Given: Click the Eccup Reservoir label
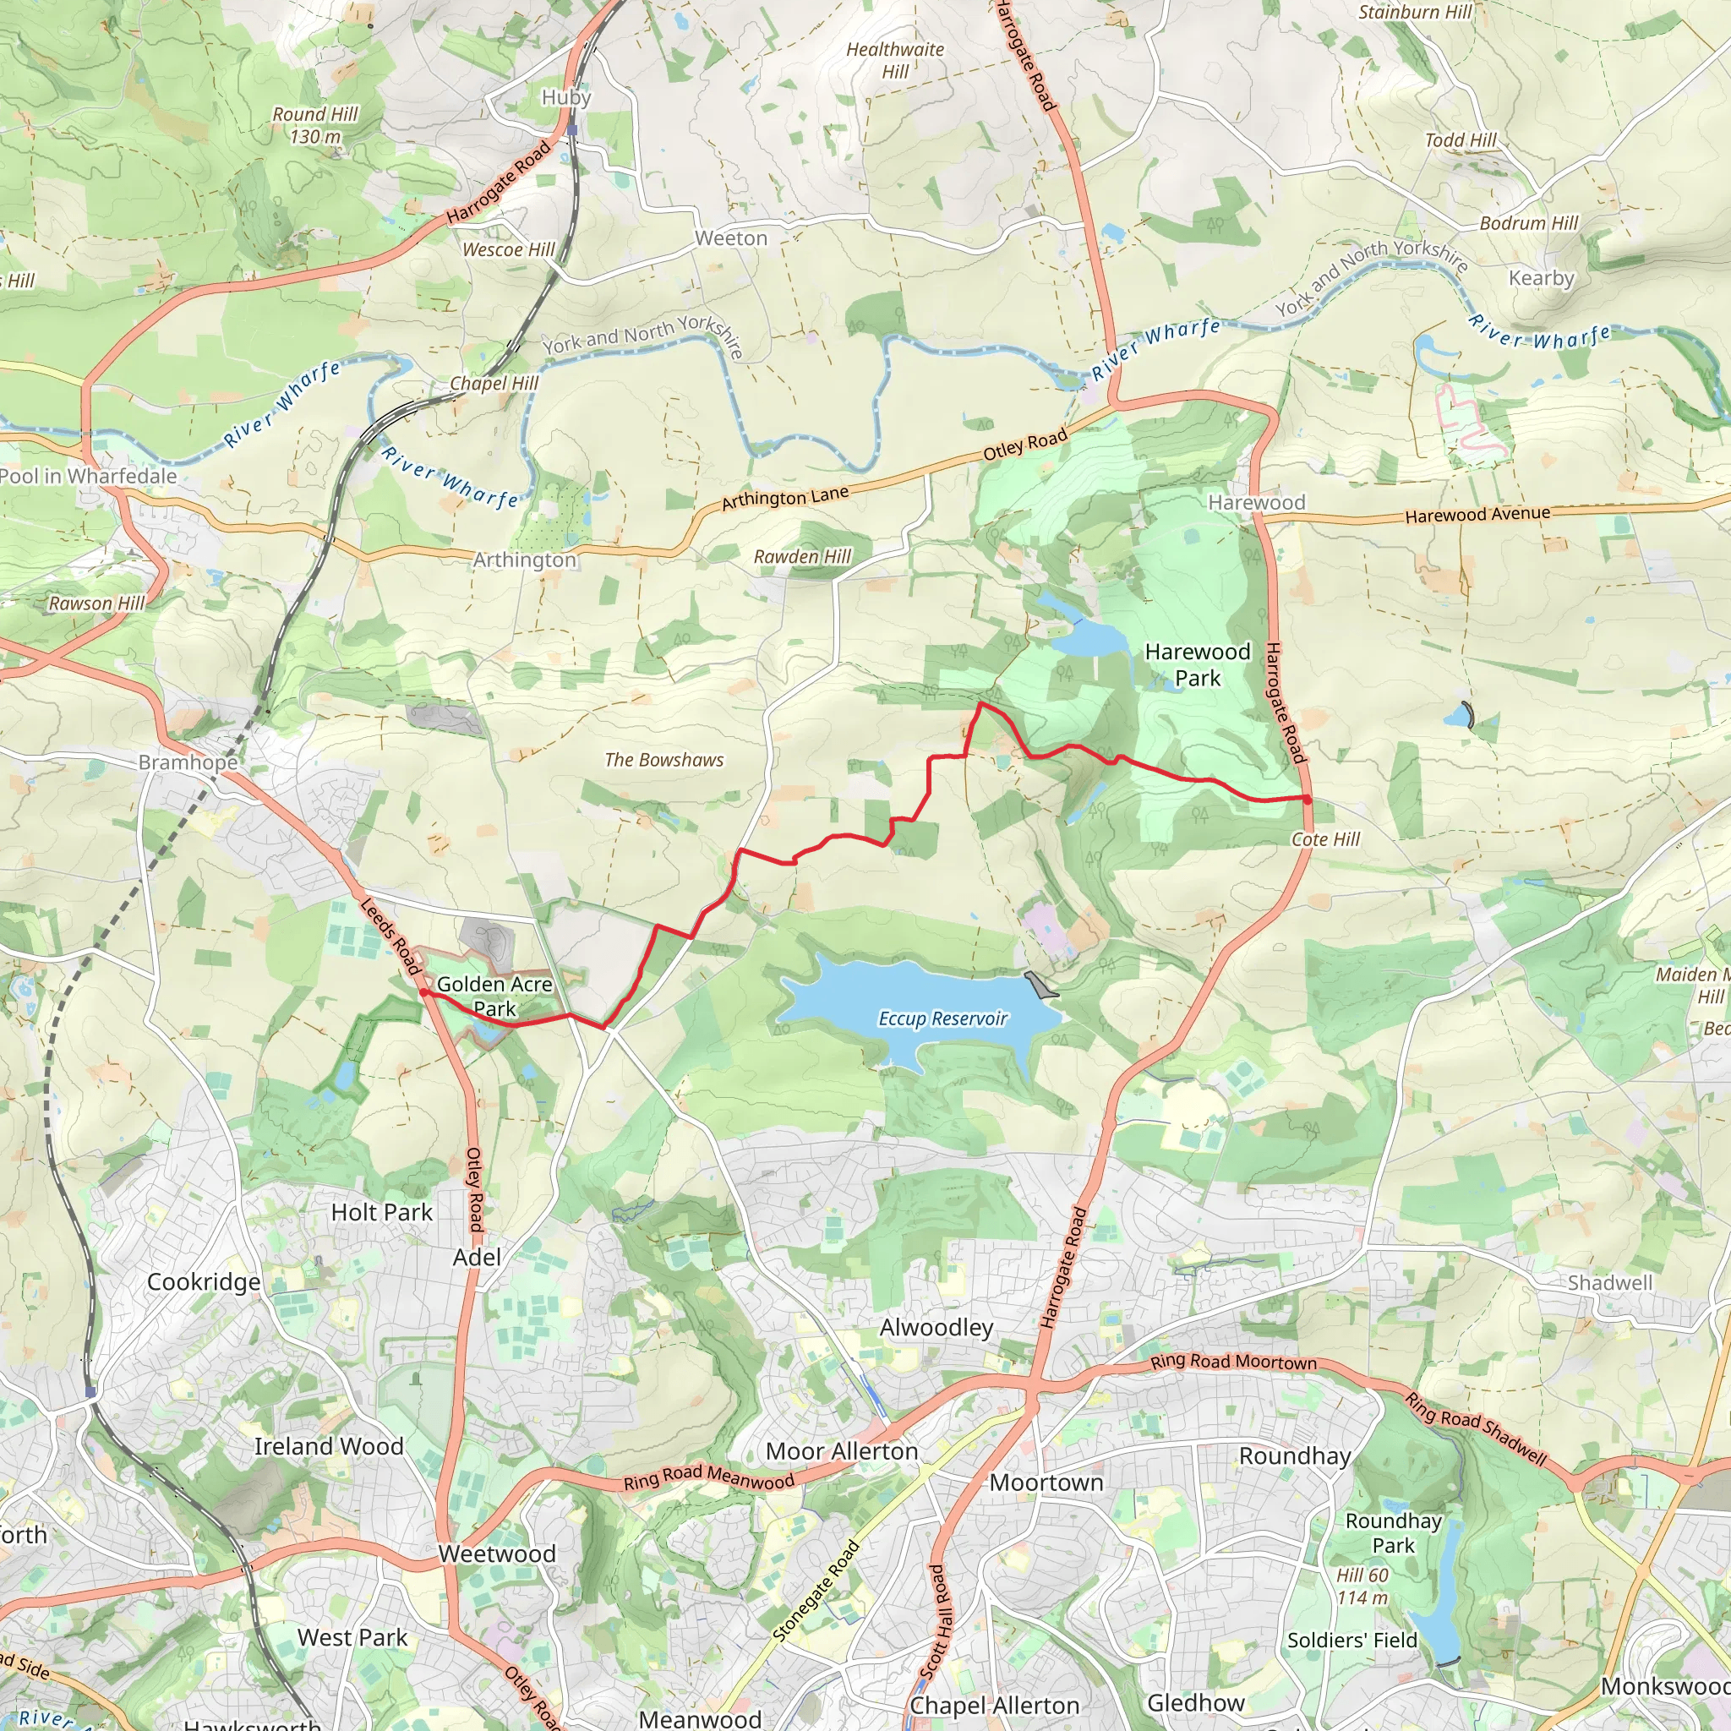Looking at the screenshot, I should point(942,1018).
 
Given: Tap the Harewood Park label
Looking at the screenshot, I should point(1197,665).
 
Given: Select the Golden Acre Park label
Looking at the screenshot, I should point(494,997).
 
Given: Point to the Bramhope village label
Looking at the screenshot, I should point(188,762).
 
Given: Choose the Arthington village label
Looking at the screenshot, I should point(524,560).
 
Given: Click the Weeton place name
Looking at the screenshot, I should point(731,238).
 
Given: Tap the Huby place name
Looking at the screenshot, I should point(566,96).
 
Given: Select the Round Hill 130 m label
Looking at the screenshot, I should point(315,125).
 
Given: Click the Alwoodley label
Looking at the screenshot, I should point(936,1327).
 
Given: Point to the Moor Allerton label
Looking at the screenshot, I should point(841,1451).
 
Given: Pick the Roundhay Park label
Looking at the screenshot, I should point(1393,1533).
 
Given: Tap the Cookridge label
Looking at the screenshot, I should point(204,1282).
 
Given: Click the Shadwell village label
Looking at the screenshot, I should point(1609,1283).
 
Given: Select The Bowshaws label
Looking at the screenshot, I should point(663,760).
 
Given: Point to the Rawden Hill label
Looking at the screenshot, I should point(802,556).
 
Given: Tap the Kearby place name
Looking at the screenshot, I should point(1541,278).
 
